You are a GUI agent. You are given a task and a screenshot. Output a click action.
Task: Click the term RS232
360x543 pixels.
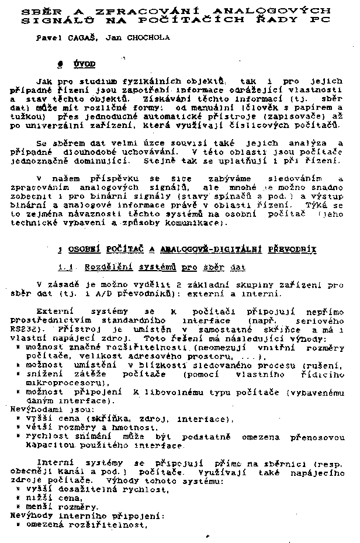click(22, 330)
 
